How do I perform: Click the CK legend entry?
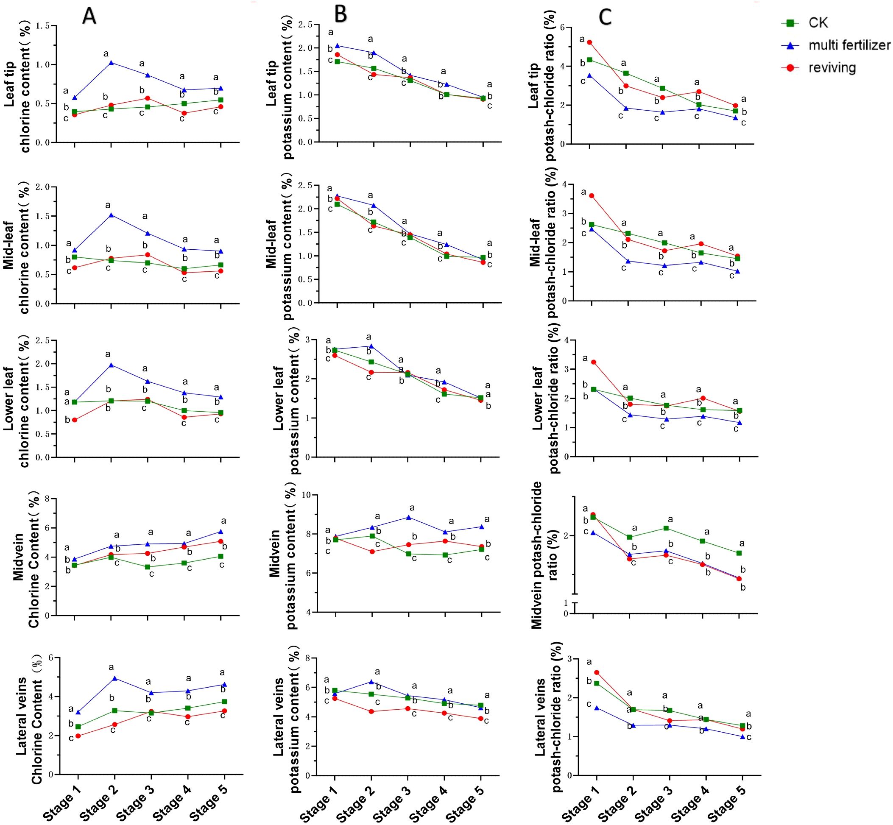click(x=818, y=23)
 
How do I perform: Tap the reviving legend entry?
click(x=832, y=68)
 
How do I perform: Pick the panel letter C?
click(x=605, y=17)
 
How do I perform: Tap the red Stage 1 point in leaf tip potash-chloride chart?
click(x=589, y=42)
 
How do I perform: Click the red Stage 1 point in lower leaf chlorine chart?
click(x=75, y=420)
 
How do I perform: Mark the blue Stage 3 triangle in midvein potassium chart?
click(x=408, y=517)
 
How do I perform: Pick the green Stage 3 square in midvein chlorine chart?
click(x=148, y=567)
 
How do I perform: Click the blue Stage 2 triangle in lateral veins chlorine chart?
click(x=115, y=678)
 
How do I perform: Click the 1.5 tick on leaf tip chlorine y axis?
click(x=43, y=26)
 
